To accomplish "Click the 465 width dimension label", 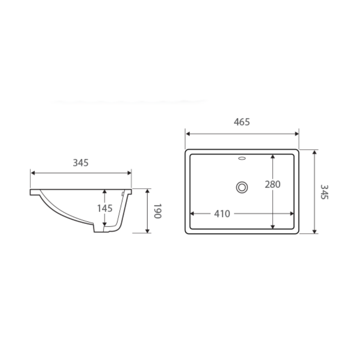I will click(242, 122).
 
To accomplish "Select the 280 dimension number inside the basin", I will click(272, 184).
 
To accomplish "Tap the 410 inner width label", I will click(222, 214).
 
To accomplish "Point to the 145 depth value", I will click(105, 208).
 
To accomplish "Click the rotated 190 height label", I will click(157, 211).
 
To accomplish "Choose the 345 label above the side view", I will click(80, 163).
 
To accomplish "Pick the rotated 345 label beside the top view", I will click(324, 192).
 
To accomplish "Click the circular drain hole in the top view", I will click(242, 187).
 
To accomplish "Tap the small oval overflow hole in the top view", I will click(242, 158).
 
